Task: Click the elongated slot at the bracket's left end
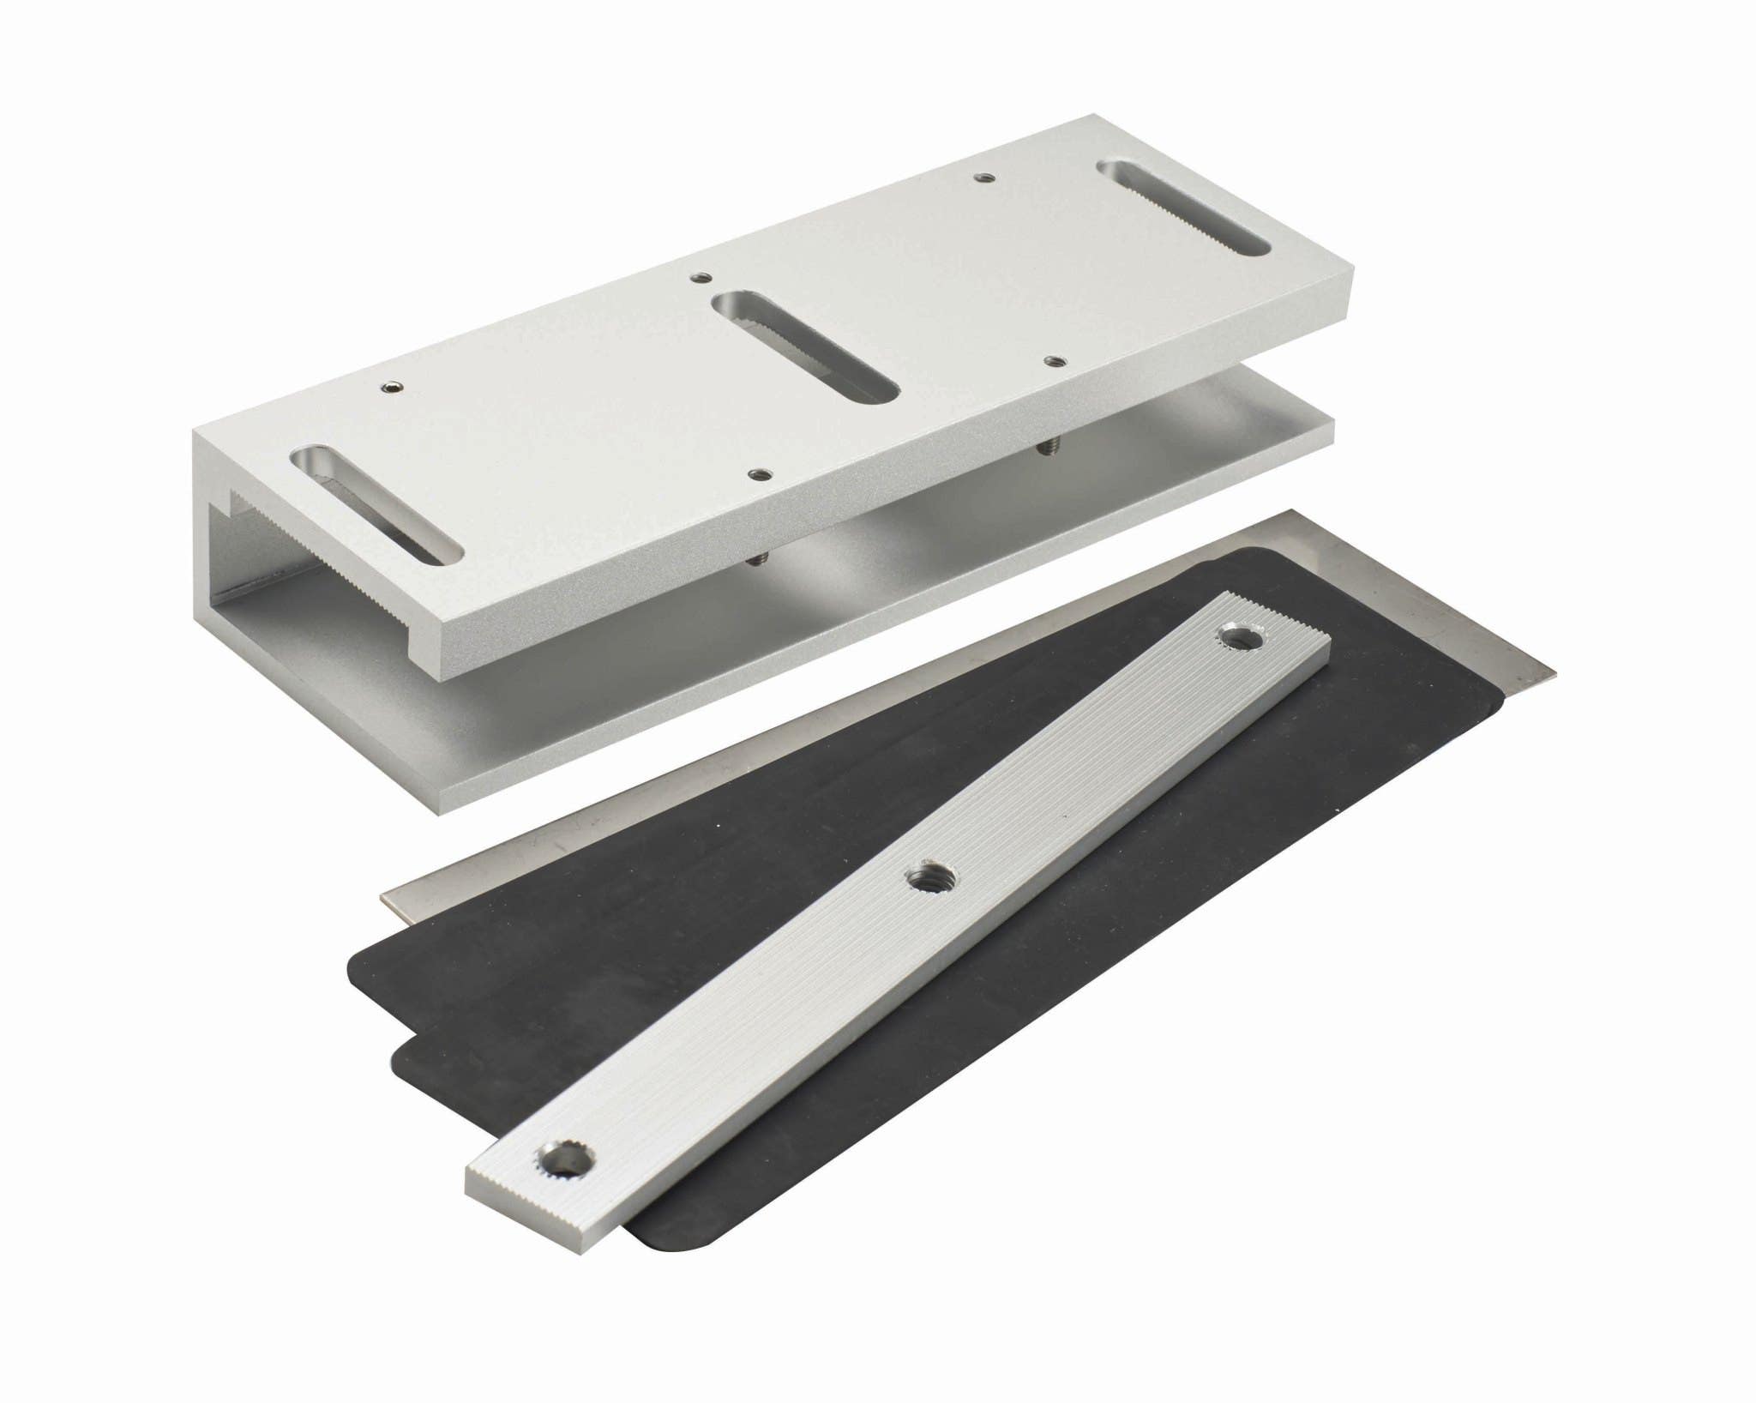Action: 377,504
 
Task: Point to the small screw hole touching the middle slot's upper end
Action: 701,277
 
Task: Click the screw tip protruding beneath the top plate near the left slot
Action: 756,560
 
